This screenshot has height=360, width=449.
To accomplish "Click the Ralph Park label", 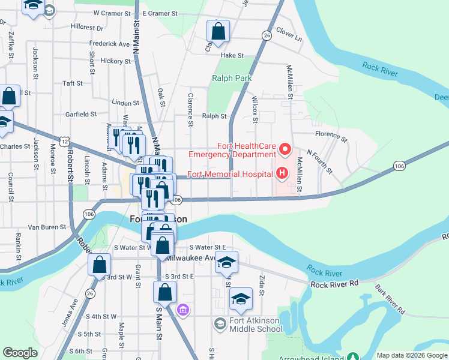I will [x=231, y=78].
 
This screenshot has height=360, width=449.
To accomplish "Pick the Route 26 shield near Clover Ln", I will [x=266, y=36].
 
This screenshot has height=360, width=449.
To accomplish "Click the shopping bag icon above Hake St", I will [x=218, y=31].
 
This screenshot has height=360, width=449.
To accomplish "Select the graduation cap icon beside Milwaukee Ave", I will [x=227, y=263].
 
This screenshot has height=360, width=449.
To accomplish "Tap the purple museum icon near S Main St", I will [x=183, y=310].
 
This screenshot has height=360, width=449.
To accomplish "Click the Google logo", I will [x=20, y=353].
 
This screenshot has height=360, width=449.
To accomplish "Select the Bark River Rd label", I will [x=391, y=299].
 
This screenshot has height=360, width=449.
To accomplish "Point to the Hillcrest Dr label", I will [x=87, y=27].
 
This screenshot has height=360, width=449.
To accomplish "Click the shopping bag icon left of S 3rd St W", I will [x=98, y=265].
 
